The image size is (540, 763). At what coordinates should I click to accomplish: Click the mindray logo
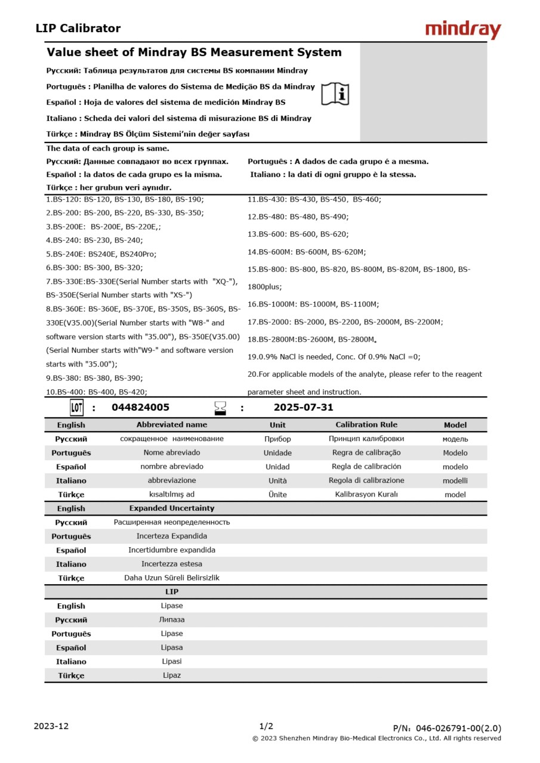463,29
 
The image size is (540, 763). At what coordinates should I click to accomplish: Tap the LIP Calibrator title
78,28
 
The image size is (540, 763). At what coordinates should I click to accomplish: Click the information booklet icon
335,94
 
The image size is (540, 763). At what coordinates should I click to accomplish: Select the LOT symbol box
76,408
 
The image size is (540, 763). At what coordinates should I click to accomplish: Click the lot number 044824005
140,408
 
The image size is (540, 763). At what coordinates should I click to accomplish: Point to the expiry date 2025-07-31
303,408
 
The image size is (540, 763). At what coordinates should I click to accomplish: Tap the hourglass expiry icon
221,408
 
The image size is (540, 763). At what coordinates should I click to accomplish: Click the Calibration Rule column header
366,425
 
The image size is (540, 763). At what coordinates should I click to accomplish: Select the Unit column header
277,425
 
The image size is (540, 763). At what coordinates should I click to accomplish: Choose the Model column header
455,425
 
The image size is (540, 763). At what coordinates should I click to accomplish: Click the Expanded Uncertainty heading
172,508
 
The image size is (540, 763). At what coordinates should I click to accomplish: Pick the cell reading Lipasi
172,662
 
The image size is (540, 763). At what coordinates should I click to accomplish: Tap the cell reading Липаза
172,620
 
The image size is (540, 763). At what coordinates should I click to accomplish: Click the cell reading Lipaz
172,675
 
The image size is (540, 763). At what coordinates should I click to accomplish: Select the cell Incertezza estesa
172,564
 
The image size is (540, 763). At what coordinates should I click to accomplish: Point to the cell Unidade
277,453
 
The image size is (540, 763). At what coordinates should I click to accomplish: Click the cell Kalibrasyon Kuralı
366,494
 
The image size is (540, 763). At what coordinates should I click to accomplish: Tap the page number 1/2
266,726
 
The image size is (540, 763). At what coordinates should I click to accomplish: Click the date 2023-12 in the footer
51,726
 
